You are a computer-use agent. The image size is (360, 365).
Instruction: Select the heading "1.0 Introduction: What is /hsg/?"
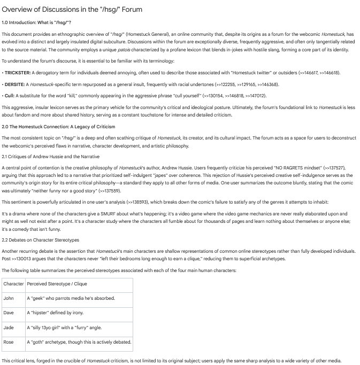36,22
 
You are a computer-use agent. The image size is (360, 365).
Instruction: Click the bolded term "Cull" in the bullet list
9,96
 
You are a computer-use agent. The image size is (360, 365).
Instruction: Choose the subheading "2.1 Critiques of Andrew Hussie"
50,156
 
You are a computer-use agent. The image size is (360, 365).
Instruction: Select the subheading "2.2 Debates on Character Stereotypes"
40,240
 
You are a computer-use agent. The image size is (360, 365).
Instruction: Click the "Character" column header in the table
13,284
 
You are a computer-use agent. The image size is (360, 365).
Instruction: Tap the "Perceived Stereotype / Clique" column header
57,284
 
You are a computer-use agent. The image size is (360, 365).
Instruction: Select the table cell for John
9,298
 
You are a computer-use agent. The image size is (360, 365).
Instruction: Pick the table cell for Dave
9,313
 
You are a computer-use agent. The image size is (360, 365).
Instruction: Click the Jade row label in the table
9,328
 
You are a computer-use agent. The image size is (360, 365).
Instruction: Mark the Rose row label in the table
9,342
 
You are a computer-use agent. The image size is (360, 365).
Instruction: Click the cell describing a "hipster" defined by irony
55,313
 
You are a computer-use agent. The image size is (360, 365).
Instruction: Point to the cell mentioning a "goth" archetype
79,342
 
